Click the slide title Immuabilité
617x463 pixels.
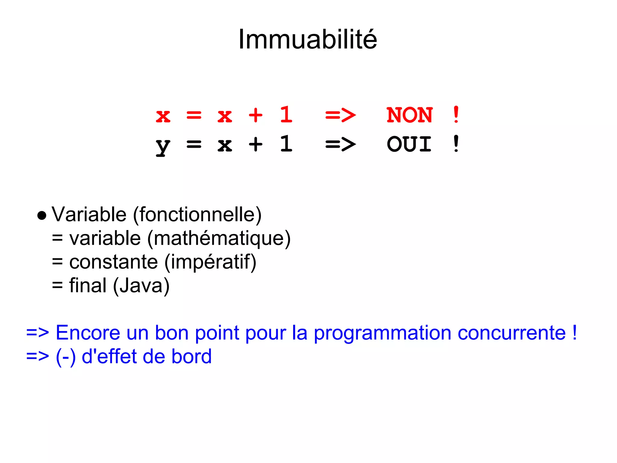pos(308,39)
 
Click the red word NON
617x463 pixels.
pos(410,115)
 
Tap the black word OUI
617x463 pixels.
pos(409,144)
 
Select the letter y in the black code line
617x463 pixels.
pos(163,146)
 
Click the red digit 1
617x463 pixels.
pos(286,115)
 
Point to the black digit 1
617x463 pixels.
pos(286,144)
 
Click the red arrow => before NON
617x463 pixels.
pos(340,115)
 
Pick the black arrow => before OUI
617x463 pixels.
pos(340,144)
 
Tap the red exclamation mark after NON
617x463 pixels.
pos(456,115)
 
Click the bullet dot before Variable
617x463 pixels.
pos(42,216)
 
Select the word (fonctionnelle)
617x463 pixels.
pos(197,215)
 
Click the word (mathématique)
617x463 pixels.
pos(219,239)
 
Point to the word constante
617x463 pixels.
pos(114,262)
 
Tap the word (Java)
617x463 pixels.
pos(141,285)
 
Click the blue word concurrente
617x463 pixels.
pos(512,333)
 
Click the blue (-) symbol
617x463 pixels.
pos(66,357)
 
